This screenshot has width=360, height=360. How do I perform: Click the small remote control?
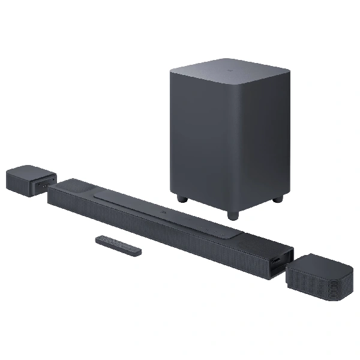point(118,245)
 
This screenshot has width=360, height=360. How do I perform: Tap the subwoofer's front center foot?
point(233,214)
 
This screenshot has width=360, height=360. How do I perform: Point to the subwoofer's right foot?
point(277,199)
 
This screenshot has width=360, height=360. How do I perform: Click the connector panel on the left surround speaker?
point(47,184)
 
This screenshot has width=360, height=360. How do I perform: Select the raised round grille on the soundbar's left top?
point(77,188)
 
